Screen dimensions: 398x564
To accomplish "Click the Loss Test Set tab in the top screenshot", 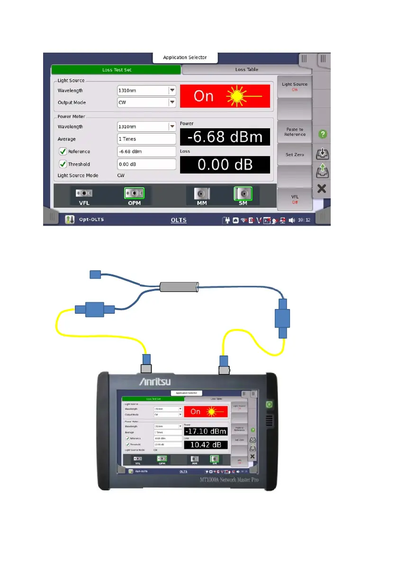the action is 117,70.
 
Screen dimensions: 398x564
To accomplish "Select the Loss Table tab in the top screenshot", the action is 246,70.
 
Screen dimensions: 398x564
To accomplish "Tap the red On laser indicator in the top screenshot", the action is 225,96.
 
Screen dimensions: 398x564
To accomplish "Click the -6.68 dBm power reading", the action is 225,137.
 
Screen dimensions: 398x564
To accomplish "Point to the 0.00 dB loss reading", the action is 225,165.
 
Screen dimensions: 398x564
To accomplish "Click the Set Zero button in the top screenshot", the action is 295,155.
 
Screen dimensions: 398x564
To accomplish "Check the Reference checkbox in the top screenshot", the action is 63,152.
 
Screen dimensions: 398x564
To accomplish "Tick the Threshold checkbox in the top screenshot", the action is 63,164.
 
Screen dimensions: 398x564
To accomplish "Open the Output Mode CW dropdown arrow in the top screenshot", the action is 172,102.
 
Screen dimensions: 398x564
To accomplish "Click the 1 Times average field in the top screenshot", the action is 146,139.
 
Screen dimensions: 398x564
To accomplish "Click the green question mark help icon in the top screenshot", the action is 322,134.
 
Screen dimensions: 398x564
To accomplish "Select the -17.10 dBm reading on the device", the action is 206,432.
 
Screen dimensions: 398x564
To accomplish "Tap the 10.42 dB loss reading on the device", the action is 206,445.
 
